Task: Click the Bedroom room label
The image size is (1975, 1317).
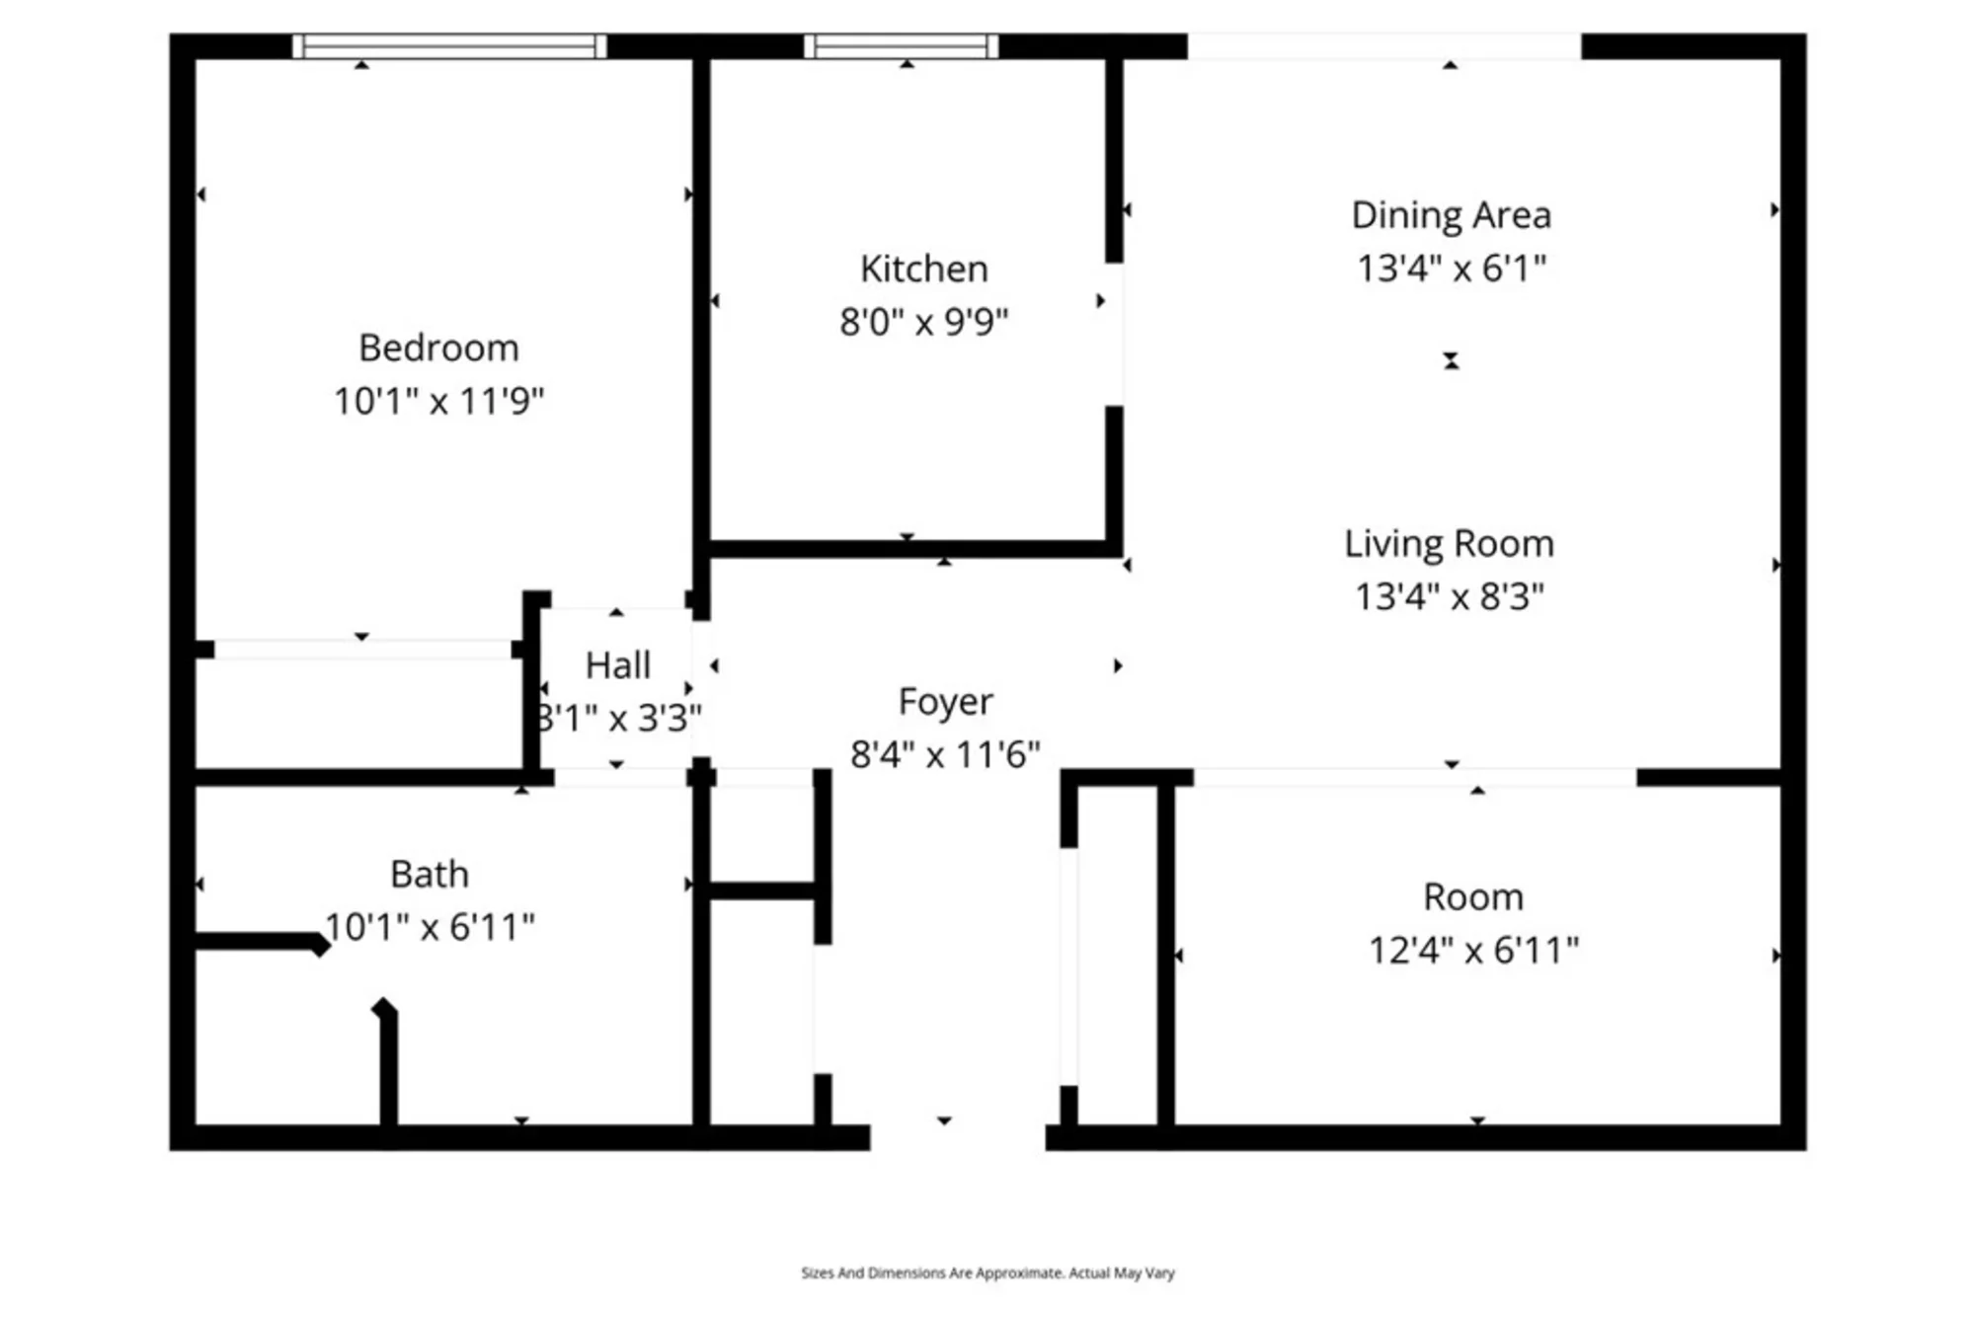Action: point(438,348)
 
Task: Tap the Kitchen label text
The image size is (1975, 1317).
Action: point(923,269)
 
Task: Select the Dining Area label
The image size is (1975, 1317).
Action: point(1451,215)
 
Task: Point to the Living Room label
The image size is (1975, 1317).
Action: point(1449,544)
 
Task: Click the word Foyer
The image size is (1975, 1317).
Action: point(945,702)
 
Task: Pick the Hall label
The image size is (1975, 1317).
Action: point(618,665)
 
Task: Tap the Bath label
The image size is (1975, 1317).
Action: point(430,875)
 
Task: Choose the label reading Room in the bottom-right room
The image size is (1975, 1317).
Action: point(1473,897)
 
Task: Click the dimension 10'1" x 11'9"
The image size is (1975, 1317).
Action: point(438,401)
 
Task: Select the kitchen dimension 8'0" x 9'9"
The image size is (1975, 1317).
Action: point(923,322)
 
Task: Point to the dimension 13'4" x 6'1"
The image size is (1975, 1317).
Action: point(1451,269)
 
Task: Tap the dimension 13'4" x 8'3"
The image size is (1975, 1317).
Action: point(1449,597)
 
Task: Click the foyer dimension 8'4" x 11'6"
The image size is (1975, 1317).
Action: point(945,755)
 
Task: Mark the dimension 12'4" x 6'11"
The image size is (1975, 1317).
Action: point(1473,951)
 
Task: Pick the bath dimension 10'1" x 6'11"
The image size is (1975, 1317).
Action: point(430,928)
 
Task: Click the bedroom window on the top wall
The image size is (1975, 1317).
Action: point(449,46)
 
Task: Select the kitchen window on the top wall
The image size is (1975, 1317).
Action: point(902,46)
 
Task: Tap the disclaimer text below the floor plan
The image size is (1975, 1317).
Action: point(987,1274)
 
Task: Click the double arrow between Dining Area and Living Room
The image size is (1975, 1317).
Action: point(1451,361)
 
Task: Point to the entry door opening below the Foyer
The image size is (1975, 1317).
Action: point(958,1137)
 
